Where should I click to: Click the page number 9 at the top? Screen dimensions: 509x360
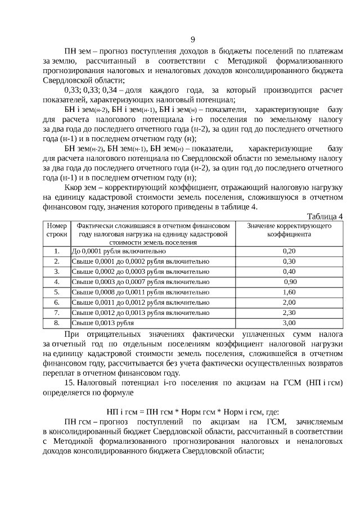coord(193,39)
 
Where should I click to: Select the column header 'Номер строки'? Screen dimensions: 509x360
coord(56,229)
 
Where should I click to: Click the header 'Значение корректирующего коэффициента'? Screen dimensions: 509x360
coord(289,229)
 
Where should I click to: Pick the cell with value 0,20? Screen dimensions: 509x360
coord(289,251)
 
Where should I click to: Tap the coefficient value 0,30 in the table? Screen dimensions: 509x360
coord(289,262)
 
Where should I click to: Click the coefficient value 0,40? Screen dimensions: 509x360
coord(289,272)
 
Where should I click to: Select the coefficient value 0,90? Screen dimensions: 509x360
coord(290,282)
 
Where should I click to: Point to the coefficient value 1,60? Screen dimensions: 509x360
coord(289,292)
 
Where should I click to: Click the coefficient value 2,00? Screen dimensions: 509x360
coord(289,302)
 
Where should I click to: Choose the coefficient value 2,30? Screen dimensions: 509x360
coord(289,312)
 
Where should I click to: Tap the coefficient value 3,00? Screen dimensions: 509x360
coord(289,322)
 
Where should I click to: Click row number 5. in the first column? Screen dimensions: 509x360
coord(56,292)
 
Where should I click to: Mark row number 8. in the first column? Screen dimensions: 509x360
coord(56,322)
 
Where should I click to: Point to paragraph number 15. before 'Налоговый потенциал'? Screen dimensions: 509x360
coord(70,382)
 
